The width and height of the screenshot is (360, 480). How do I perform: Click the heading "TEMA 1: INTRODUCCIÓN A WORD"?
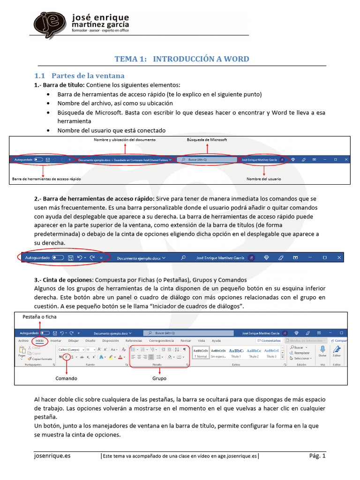[182, 59]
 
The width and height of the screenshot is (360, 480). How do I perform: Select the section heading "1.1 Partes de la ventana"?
[80, 75]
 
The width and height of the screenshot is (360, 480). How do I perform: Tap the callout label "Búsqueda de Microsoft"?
[207, 140]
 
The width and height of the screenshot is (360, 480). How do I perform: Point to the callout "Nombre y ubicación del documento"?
[125, 140]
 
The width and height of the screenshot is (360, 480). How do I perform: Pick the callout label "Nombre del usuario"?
[264, 179]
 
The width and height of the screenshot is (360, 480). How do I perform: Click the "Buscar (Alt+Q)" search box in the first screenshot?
[207, 159]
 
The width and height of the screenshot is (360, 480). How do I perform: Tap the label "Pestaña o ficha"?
[40, 317]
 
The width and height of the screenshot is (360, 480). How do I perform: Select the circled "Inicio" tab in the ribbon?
[39, 341]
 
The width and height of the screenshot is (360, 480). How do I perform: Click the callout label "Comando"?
[66, 378]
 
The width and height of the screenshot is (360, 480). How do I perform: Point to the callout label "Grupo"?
[159, 378]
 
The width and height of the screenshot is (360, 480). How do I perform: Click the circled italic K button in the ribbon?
[67, 357]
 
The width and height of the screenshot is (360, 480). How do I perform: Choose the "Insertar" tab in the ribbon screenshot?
[56, 341]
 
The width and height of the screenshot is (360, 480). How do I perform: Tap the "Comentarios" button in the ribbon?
[270, 341]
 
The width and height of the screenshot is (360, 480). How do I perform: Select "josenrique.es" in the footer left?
[52, 455]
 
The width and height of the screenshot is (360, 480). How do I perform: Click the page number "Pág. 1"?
[317, 455]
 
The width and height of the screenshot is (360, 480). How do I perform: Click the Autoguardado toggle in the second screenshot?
[58, 257]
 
